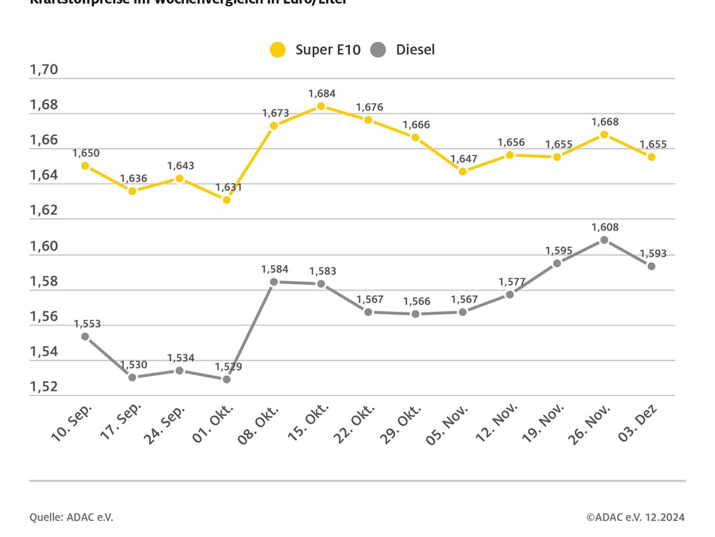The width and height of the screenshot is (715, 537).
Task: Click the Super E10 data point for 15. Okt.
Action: click(x=321, y=106)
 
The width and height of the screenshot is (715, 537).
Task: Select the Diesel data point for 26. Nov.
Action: click(x=604, y=240)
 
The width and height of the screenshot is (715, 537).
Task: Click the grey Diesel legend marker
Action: click(x=378, y=50)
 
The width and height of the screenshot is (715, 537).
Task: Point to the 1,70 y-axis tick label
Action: click(x=44, y=70)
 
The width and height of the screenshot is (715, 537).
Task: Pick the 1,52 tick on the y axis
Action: click(x=44, y=387)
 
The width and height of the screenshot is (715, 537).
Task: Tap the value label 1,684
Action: click(x=322, y=93)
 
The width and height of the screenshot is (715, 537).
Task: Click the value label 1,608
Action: click(x=605, y=227)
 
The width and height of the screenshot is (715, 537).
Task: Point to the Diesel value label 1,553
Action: click(x=87, y=324)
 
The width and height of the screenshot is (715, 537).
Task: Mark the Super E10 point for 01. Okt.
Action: click(x=226, y=199)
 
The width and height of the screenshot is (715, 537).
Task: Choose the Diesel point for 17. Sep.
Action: click(x=132, y=377)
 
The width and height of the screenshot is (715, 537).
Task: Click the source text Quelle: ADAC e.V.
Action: click(x=71, y=517)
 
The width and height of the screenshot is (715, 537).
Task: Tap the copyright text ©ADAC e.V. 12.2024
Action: click(x=635, y=517)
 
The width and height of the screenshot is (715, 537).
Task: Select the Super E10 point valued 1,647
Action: click(x=462, y=171)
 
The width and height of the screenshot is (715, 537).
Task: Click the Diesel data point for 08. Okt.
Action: click(x=273, y=282)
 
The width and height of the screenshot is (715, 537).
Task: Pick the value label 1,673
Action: click(x=275, y=113)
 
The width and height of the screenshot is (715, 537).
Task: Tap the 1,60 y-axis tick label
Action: click(x=44, y=246)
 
